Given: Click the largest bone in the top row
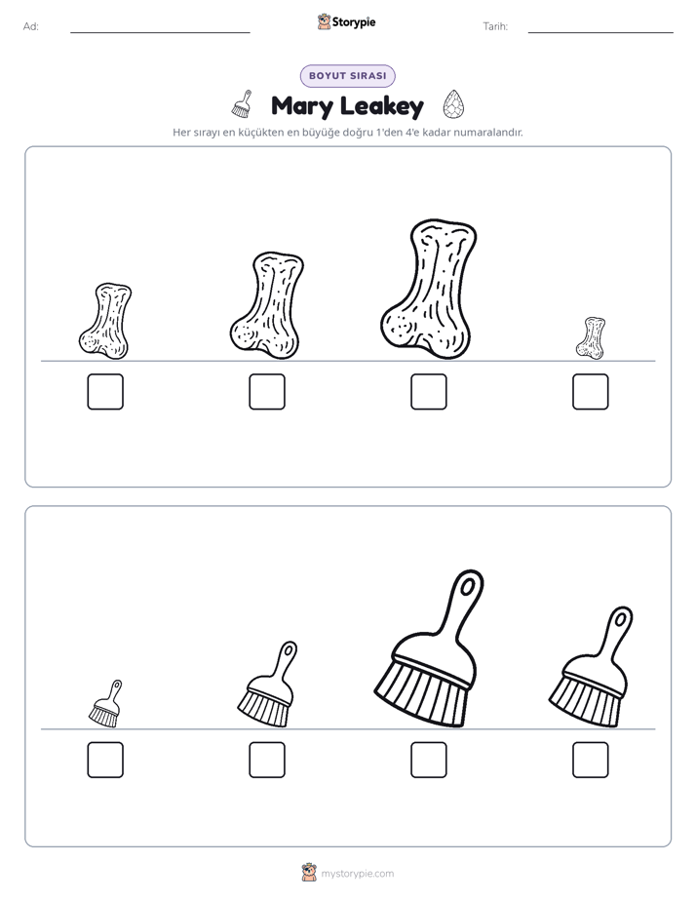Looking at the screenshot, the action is tap(428, 289).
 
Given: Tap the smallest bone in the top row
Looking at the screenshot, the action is tap(591, 337).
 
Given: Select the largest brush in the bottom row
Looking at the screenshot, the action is tap(429, 648).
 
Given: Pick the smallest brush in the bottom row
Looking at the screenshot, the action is tap(105, 703).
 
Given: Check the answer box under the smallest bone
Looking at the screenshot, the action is tap(591, 392).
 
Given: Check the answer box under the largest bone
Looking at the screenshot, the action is tap(428, 392).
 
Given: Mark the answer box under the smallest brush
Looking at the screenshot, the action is tap(105, 761).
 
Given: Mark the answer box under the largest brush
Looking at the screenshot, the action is tap(428, 761).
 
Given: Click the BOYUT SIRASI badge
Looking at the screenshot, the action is tap(347, 76).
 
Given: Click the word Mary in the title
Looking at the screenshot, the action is tap(302, 106).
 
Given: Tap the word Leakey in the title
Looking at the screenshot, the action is tap(382, 106).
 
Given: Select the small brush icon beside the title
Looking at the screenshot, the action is tap(243, 103).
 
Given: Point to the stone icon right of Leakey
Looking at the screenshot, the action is tap(453, 104).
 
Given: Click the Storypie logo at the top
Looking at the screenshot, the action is tap(346, 21).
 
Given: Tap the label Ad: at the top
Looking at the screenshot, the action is tap(31, 26).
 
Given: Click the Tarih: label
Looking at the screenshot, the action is tap(495, 26).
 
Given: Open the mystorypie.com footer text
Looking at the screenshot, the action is tap(357, 874).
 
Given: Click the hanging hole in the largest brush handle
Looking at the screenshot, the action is tap(468, 586).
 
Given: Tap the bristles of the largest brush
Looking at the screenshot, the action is tap(418, 695).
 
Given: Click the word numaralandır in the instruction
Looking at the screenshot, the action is tap(488, 133).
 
